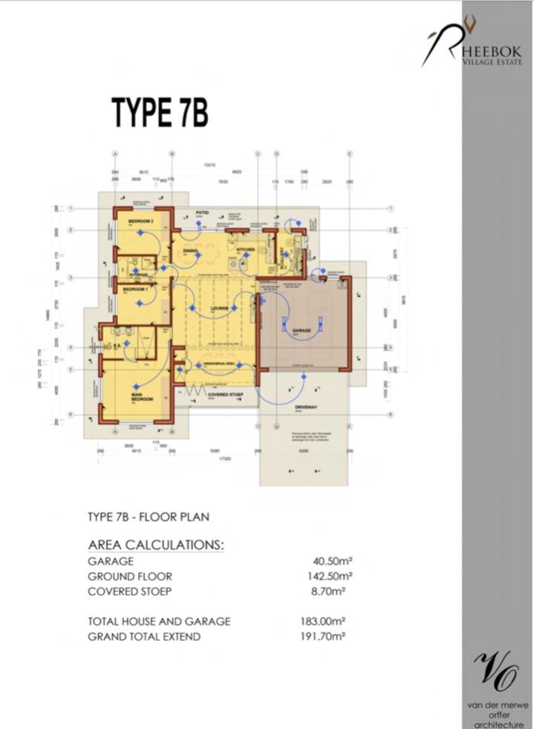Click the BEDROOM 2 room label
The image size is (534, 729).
click(x=140, y=222)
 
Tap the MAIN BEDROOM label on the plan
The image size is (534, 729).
click(x=141, y=396)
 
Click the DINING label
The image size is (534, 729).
click(x=191, y=251)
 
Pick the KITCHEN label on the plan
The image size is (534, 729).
click(x=247, y=250)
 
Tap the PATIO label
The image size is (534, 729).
click(x=202, y=212)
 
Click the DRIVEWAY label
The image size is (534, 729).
click(x=305, y=408)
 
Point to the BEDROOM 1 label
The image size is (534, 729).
click(x=136, y=288)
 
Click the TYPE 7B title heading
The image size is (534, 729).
click(x=160, y=112)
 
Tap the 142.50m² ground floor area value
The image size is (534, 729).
click(x=330, y=576)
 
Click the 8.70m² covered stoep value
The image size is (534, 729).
click(x=332, y=591)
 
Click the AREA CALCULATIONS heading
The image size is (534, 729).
click(x=155, y=545)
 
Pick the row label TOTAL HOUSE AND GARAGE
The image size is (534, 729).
click(x=159, y=621)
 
